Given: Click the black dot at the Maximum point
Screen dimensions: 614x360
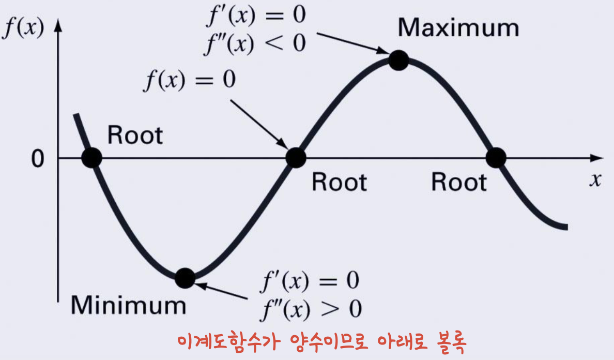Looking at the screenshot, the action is coord(398,61).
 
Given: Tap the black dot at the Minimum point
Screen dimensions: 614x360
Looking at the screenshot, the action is coord(185,278).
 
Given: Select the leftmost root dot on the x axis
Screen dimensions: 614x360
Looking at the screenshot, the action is coord(91,158).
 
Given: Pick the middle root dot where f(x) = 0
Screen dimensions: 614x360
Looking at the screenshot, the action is coord(296,158).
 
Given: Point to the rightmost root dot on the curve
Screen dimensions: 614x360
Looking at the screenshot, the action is coord(496,158).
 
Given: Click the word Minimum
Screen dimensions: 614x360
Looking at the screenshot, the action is coord(128,305).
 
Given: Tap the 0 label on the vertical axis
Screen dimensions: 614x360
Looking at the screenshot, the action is coord(38,159).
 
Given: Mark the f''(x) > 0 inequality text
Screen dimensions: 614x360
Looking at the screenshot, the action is coord(310,309).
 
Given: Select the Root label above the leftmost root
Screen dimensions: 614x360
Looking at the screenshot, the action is coord(135,135).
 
